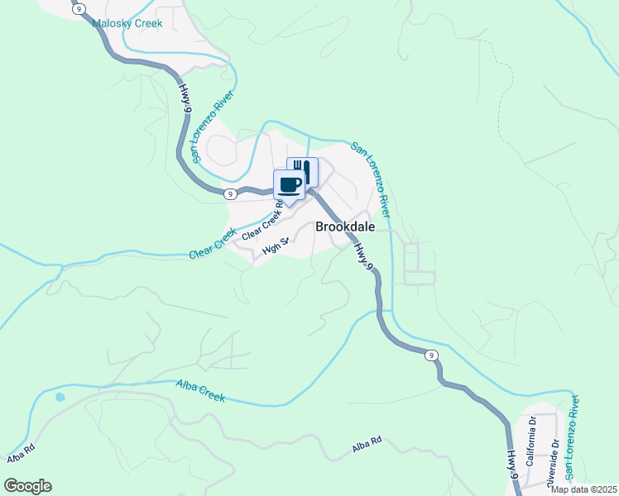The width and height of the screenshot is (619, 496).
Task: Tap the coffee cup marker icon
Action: (290, 184)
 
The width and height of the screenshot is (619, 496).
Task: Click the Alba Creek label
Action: (200, 390)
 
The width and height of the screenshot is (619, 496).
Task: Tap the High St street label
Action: (275, 246)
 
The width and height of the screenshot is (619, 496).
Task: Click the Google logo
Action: (27, 486)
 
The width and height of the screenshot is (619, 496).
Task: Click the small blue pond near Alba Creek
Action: (60, 397)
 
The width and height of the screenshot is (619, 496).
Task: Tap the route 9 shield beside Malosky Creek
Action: (79, 8)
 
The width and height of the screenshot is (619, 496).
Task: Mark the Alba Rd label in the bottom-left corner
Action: (22, 454)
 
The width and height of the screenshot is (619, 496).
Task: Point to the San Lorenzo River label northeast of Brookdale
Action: (370, 173)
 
